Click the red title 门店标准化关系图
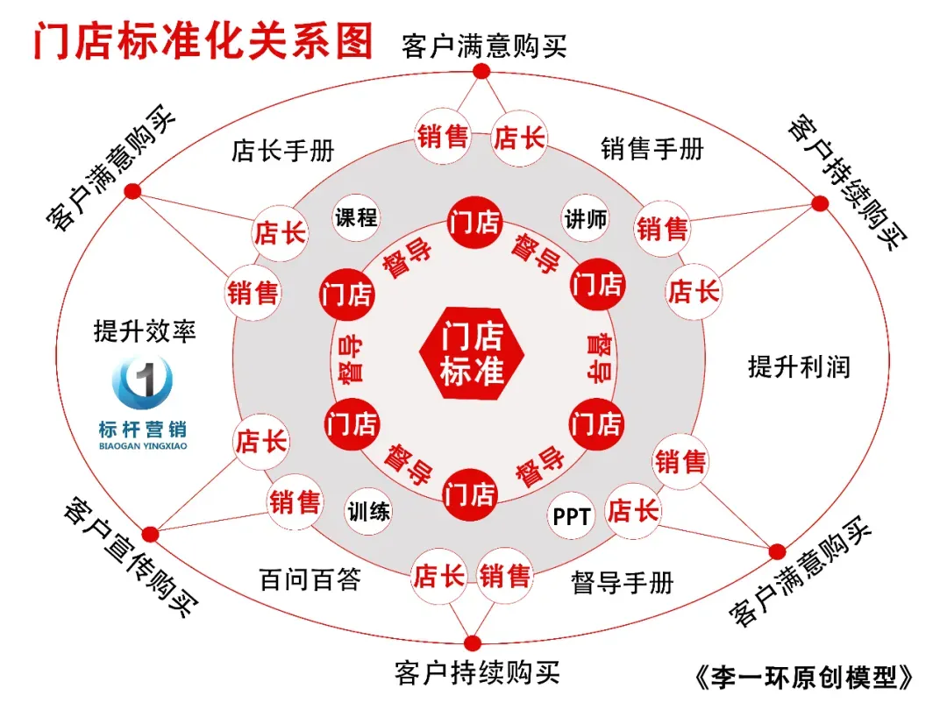pyautogui.click(x=203, y=40)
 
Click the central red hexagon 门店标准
pyautogui.click(x=473, y=354)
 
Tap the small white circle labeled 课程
pyautogui.click(x=357, y=217)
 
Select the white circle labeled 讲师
pyautogui.click(x=585, y=218)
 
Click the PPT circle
pyautogui.click(x=572, y=516)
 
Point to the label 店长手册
pyautogui.click(x=282, y=151)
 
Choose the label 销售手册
pyautogui.click(x=652, y=149)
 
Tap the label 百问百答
pyautogui.click(x=310, y=579)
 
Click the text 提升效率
pyautogui.click(x=145, y=330)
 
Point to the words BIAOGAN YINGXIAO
pyautogui.click(x=143, y=445)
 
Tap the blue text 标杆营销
pyautogui.click(x=143, y=430)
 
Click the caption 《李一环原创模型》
pyautogui.click(x=803, y=677)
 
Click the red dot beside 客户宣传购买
pyautogui.click(x=150, y=532)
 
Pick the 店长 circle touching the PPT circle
pyautogui.click(x=632, y=511)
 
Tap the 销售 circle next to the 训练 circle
pyautogui.click(x=295, y=502)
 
